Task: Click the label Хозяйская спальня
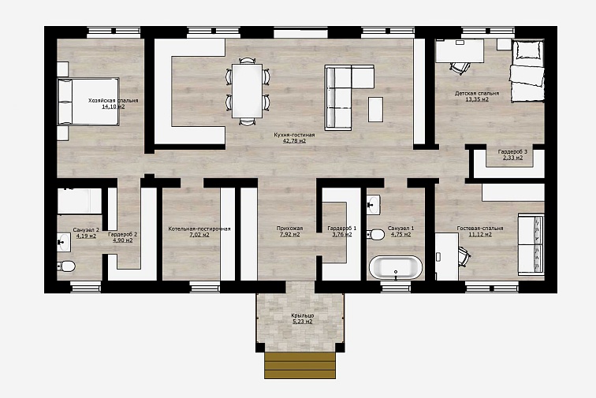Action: pyautogui.click(x=114, y=101)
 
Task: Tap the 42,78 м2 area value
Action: pyautogui.click(x=294, y=141)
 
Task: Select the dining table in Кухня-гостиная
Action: pyautogui.click(x=247, y=91)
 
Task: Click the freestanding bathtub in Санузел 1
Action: pyautogui.click(x=396, y=268)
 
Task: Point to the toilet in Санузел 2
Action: pyautogui.click(x=66, y=266)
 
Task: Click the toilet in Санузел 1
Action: pyautogui.click(x=376, y=234)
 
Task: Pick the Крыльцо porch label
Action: pyautogui.click(x=303, y=315)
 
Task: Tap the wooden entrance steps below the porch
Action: pyautogui.click(x=300, y=366)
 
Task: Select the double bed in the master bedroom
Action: pyautogui.click(x=88, y=102)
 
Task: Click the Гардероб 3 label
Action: pyautogui.click(x=512, y=151)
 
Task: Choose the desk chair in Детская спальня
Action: pyautogui.click(x=460, y=68)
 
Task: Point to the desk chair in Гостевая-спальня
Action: pyautogui.click(x=464, y=257)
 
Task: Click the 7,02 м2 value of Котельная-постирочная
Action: pyautogui.click(x=199, y=235)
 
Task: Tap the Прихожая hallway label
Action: pyautogui.click(x=289, y=229)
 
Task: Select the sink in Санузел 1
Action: pyautogui.click(x=373, y=204)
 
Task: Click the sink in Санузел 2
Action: pyautogui.click(x=64, y=242)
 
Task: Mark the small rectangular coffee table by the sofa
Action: pyautogui.click(x=375, y=110)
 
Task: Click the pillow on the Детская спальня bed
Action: pyautogui.click(x=527, y=50)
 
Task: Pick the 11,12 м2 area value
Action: pyautogui.click(x=480, y=235)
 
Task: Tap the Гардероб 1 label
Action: pyautogui.click(x=341, y=229)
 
